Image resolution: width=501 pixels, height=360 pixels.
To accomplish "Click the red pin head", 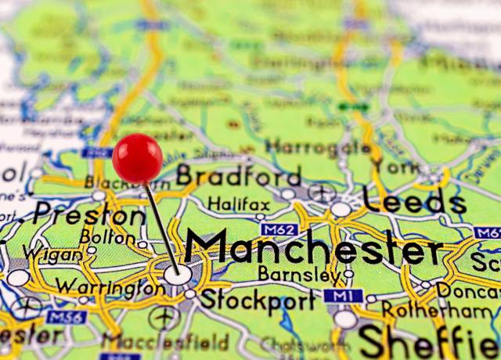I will click(x=137, y=157).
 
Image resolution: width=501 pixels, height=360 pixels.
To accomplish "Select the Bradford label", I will click(x=239, y=175).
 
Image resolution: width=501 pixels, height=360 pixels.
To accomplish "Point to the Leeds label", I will click(x=414, y=202).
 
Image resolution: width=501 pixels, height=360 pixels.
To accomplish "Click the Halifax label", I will click(x=238, y=204).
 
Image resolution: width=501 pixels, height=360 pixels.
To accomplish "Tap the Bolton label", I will click(x=106, y=236).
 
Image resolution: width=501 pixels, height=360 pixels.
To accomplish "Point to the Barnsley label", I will click(x=300, y=275).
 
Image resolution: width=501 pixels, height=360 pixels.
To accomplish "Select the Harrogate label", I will click(x=318, y=146).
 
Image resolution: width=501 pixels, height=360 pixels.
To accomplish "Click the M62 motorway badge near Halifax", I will click(x=279, y=229).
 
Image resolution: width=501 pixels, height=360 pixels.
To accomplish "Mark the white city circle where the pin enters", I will click(x=177, y=274).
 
